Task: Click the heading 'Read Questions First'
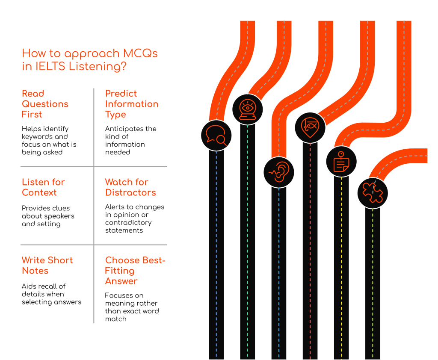(45, 104)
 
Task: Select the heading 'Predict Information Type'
(132, 104)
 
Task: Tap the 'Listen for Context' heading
(43, 187)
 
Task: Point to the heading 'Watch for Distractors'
(130, 187)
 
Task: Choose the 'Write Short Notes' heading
(47, 266)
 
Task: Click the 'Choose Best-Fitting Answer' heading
(135, 271)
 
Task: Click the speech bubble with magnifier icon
(216, 136)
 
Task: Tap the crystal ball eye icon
(248, 109)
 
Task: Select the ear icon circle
(279, 172)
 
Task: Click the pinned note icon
(341, 162)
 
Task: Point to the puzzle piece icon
(373, 193)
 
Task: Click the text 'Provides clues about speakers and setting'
(48, 216)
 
